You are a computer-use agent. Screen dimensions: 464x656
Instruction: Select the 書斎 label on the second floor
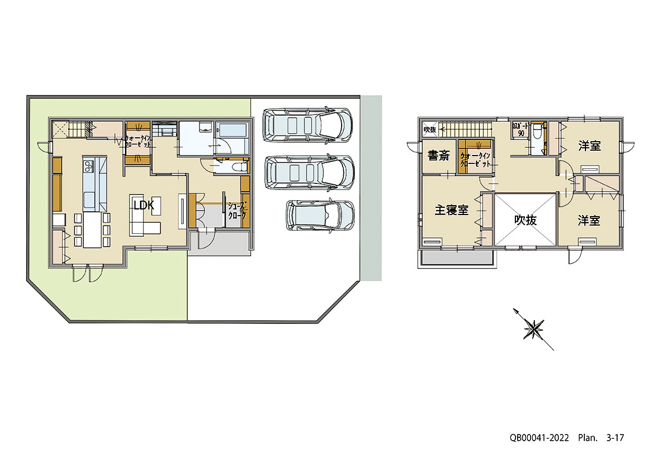(438, 157)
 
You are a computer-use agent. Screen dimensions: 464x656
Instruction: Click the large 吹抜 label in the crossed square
(525, 220)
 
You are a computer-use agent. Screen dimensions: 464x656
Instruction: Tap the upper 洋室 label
(589, 146)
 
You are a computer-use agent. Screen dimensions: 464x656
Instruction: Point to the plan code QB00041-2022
(539, 438)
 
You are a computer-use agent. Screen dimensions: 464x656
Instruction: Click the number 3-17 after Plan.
(615, 438)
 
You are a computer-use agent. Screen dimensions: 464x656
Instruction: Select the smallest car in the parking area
(320, 215)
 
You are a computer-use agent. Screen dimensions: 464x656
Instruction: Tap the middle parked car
(309, 173)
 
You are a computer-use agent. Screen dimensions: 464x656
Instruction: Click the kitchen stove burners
(89, 166)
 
